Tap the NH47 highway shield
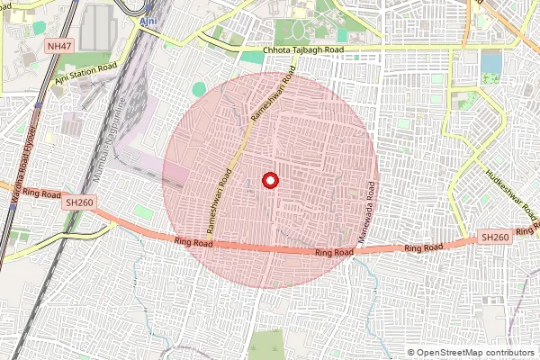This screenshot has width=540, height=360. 59,42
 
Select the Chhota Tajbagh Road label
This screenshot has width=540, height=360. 303,50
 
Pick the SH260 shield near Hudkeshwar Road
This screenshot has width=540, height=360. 495,237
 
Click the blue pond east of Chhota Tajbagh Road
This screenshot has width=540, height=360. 491,62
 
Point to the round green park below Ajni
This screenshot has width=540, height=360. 199,89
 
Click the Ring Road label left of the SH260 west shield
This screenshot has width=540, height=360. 40,193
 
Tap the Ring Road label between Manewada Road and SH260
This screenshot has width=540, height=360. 424,247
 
